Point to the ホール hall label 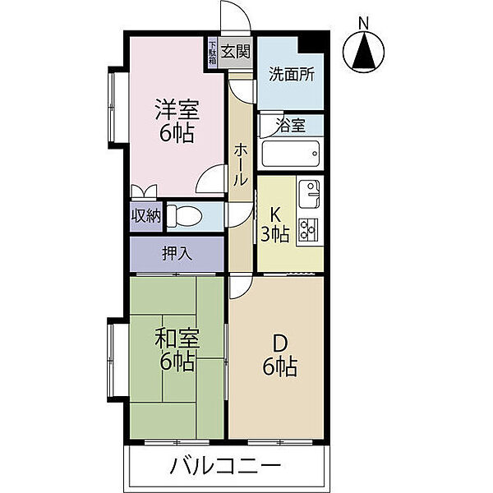[x=242, y=164]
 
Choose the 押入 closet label [x=177, y=253]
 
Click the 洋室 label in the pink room [x=177, y=108]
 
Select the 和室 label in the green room [x=177, y=336]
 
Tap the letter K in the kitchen [x=277, y=214]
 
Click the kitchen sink [x=309, y=193]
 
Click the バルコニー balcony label [x=225, y=467]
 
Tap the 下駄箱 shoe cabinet [x=212, y=52]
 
